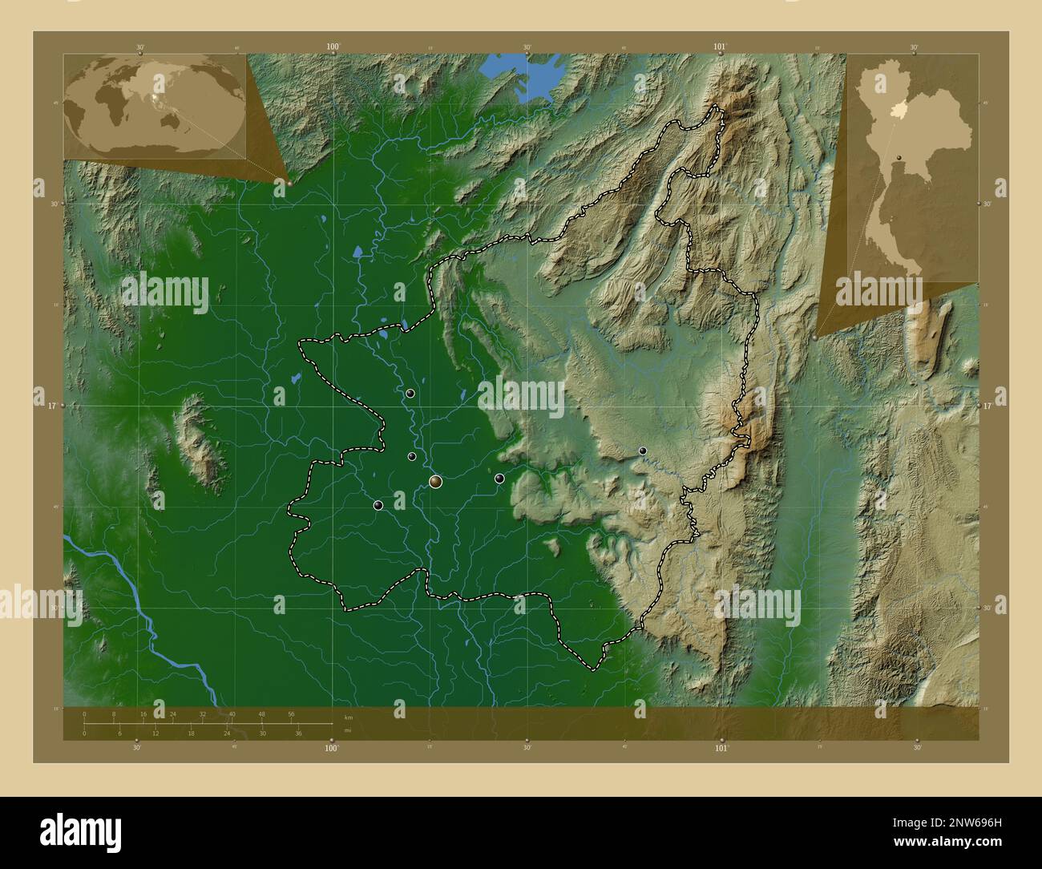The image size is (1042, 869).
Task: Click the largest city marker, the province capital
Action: pos(435,481)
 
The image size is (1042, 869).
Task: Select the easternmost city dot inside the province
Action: pos(642,451)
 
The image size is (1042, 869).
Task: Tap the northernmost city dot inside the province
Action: pos(410,393)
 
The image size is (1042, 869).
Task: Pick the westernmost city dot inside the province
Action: pos(378,505)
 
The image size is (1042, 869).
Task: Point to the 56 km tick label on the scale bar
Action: pos(291,713)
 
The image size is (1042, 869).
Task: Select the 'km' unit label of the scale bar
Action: pos(348,717)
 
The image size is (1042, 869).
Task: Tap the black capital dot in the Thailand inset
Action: pos(899,156)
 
